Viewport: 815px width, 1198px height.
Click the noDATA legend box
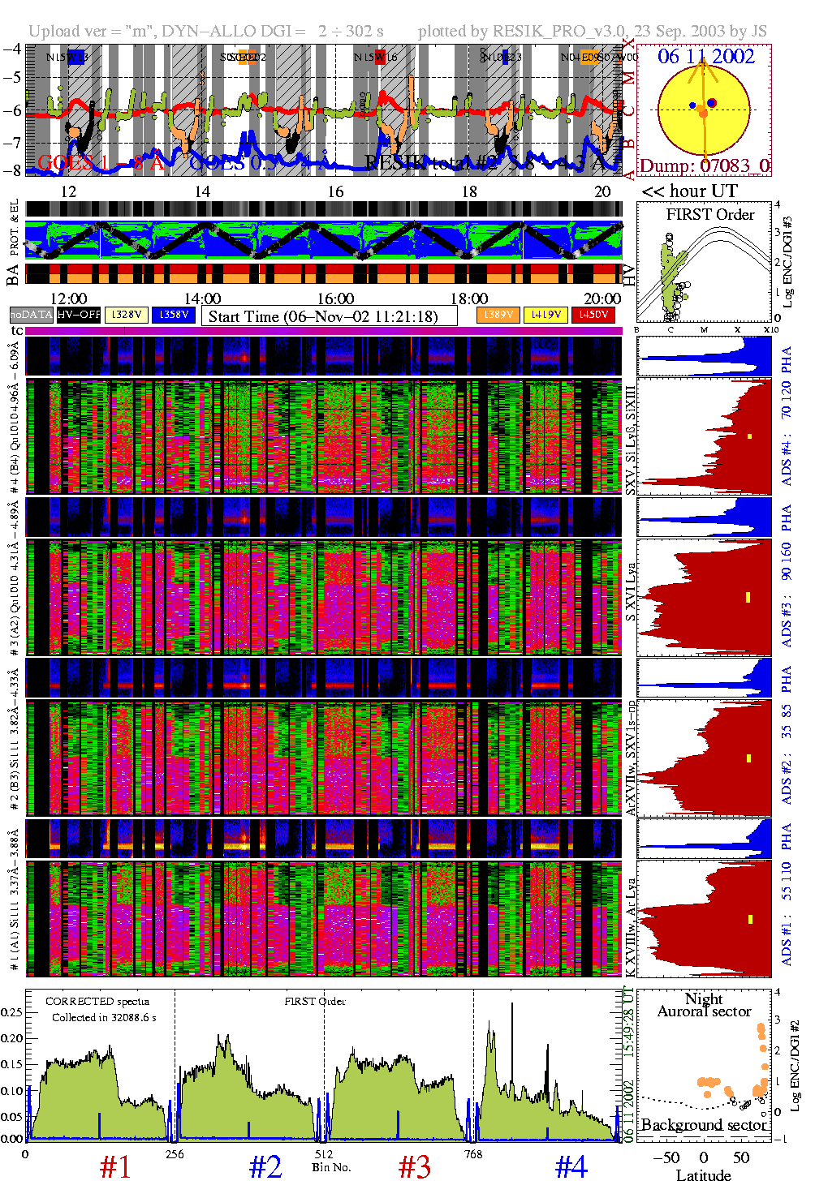(32, 315)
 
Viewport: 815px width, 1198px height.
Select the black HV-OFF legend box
(80, 315)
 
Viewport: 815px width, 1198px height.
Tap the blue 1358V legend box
(174, 315)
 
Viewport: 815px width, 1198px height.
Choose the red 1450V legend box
(593, 315)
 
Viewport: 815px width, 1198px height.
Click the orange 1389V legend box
(498, 315)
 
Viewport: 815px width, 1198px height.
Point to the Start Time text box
(329, 316)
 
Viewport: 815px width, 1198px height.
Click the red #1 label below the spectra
(115, 1167)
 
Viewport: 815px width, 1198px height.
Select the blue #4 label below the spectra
(571, 1167)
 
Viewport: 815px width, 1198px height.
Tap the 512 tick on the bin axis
(323, 1154)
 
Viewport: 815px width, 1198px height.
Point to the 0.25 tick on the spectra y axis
(11, 1012)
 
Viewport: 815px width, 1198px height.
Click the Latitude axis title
(703, 1176)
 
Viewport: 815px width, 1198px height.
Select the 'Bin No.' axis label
(331, 1167)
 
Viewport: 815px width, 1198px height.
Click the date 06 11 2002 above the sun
(705, 57)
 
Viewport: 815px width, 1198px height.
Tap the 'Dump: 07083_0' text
(704, 166)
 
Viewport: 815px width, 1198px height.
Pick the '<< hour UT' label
(690, 191)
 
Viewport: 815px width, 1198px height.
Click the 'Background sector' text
(704, 1125)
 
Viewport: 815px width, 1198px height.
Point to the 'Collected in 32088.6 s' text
(104, 1017)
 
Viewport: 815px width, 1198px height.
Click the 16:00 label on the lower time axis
(335, 298)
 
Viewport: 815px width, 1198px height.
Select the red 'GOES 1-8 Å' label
(101, 163)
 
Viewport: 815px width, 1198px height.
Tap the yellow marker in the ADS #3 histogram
(748, 598)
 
